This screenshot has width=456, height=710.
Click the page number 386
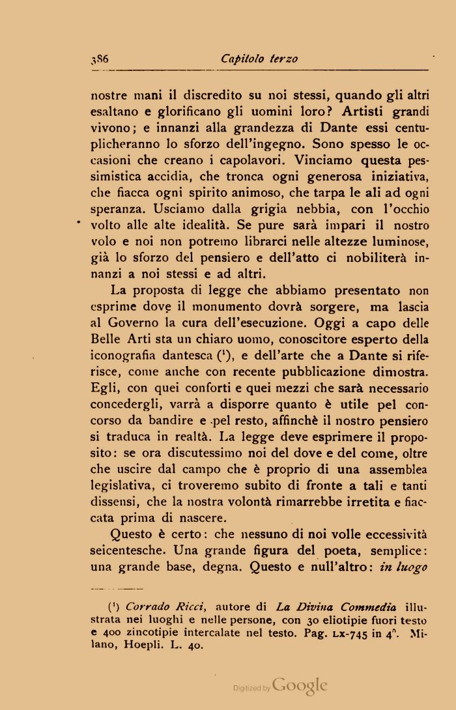pyautogui.click(x=100, y=59)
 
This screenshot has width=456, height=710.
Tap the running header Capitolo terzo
pyautogui.click(x=259, y=59)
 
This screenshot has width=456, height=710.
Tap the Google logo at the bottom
pyautogui.click(x=300, y=685)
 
